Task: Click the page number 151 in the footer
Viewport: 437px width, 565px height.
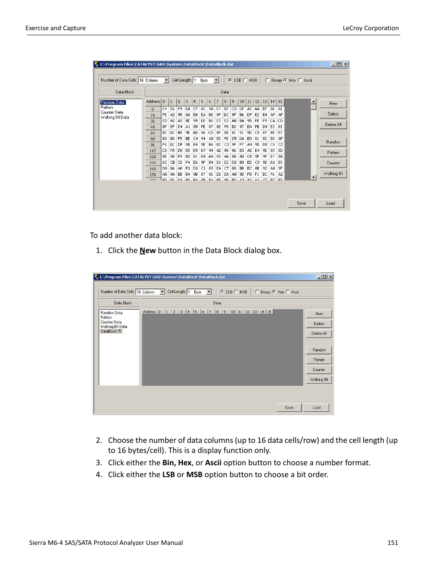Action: [392, 543]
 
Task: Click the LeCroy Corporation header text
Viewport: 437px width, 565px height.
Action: [370, 28]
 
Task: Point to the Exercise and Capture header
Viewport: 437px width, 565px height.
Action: [55, 28]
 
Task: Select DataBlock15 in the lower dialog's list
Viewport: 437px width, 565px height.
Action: [111, 331]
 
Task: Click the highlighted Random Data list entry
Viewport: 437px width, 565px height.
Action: [113, 102]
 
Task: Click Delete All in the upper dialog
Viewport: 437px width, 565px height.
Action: [333, 124]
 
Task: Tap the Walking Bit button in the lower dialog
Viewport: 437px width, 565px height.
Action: [319, 380]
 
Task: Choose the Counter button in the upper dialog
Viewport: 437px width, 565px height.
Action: [333, 163]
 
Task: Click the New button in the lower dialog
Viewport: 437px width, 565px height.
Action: [319, 314]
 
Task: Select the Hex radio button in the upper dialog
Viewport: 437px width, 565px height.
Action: [285, 80]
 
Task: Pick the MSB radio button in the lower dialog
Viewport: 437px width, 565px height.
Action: [236, 292]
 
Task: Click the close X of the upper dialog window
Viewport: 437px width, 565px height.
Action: [345, 65]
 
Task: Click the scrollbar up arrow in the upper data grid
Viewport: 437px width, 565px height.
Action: [313, 102]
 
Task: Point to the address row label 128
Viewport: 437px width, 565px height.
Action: [153, 156]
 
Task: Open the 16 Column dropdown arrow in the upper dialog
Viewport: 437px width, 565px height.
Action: [166, 80]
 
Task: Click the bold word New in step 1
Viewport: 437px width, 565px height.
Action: [147, 250]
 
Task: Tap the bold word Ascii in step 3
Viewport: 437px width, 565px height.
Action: [213, 463]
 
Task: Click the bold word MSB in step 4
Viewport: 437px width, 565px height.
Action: [194, 474]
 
